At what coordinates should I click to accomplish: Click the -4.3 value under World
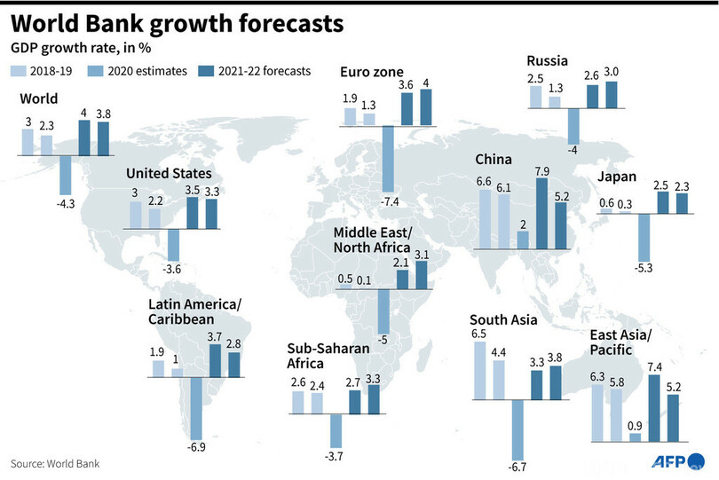pos(66,204)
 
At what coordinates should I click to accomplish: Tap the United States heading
pos(169,173)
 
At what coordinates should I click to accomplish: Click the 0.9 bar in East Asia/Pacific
pos(635,436)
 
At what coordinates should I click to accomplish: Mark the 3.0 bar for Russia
pos(612,95)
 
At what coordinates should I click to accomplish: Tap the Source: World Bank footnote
pos(55,463)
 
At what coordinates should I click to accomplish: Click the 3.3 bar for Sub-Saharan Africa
pos(374,399)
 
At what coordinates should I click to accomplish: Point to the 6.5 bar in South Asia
pos(480,370)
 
